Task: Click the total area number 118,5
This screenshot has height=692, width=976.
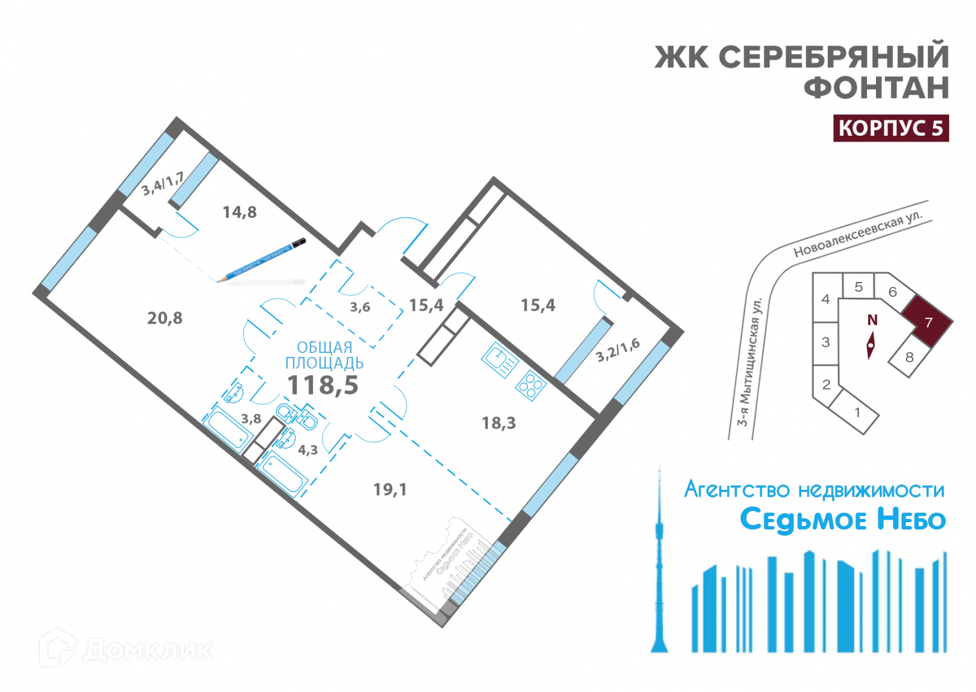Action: point(323,385)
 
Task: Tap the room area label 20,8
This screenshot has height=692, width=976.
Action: point(165,318)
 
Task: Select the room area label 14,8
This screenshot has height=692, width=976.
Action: point(239,212)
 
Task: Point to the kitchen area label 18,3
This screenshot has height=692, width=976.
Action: point(498,423)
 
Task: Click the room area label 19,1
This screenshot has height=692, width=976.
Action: point(390,490)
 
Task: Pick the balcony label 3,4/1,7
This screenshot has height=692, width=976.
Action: point(162,183)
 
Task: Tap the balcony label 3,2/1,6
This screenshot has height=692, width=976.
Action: point(618,350)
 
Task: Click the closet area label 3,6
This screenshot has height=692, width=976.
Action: point(360,308)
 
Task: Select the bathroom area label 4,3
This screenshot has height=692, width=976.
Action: point(308,450)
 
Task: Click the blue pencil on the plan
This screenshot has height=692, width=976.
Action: point(262,261)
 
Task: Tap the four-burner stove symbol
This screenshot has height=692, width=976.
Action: point(530,385)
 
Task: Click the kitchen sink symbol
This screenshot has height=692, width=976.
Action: point(500,359)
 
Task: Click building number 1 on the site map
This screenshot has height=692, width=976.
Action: point(857,413)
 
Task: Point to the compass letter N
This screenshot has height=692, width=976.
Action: point(871,320)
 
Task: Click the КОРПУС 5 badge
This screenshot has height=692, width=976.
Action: point(890,128)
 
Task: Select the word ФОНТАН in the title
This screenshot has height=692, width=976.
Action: point(876,87)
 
